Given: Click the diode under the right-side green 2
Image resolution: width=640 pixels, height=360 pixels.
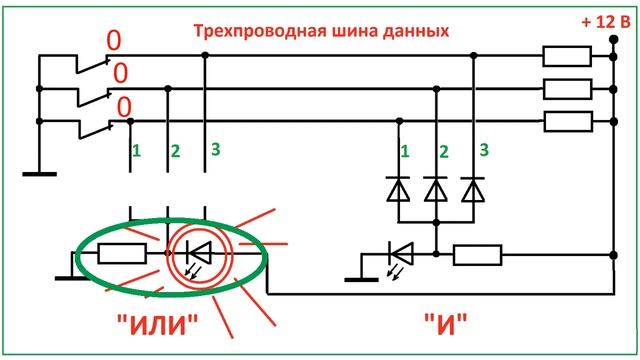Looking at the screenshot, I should tap(436, 188).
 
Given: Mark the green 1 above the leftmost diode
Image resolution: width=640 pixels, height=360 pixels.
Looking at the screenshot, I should tap(405, 152).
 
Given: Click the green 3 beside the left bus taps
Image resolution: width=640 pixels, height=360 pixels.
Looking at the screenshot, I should tap(213, 150).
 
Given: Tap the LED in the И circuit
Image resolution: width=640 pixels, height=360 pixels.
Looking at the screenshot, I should tap(401, 252).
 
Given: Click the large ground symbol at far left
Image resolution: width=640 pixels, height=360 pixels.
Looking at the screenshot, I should tap(40, 174).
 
